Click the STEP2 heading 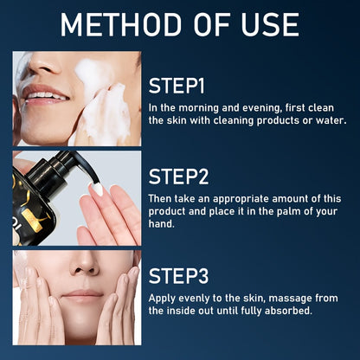tap(179, 177)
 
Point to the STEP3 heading tap(179, 276)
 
